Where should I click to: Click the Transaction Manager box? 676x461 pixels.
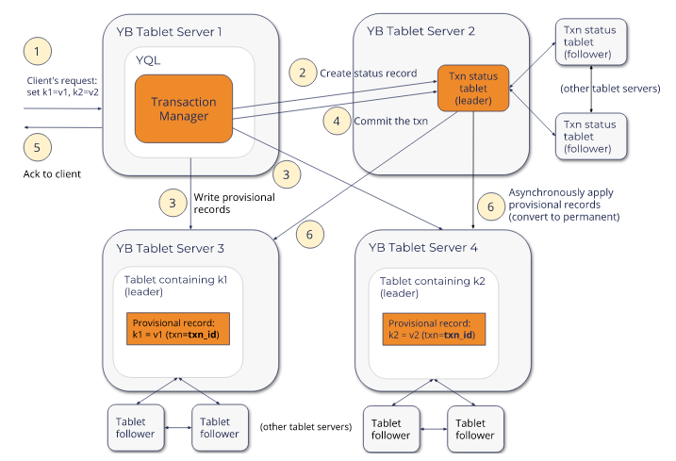pyautogui.click(x=184, y=109)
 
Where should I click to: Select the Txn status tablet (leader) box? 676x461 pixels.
pyautogui.click(x=472, y=87)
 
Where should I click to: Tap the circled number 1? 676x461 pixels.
pyautogui.click(x=37, y=50)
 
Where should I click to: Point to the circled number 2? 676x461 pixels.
pyautogui.click(x=303, y=72)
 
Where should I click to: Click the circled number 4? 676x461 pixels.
pyautogui.click(x=336, y=121)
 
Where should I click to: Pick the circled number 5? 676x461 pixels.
pyautogui.click(x=37, y=147)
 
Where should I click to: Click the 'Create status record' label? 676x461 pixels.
pyautogui.click(x=368, y=73)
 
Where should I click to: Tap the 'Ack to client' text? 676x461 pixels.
pyautogui.click(x=53, y=174)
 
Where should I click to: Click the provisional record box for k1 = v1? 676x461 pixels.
pyautogui.click(x=178, y=329)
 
